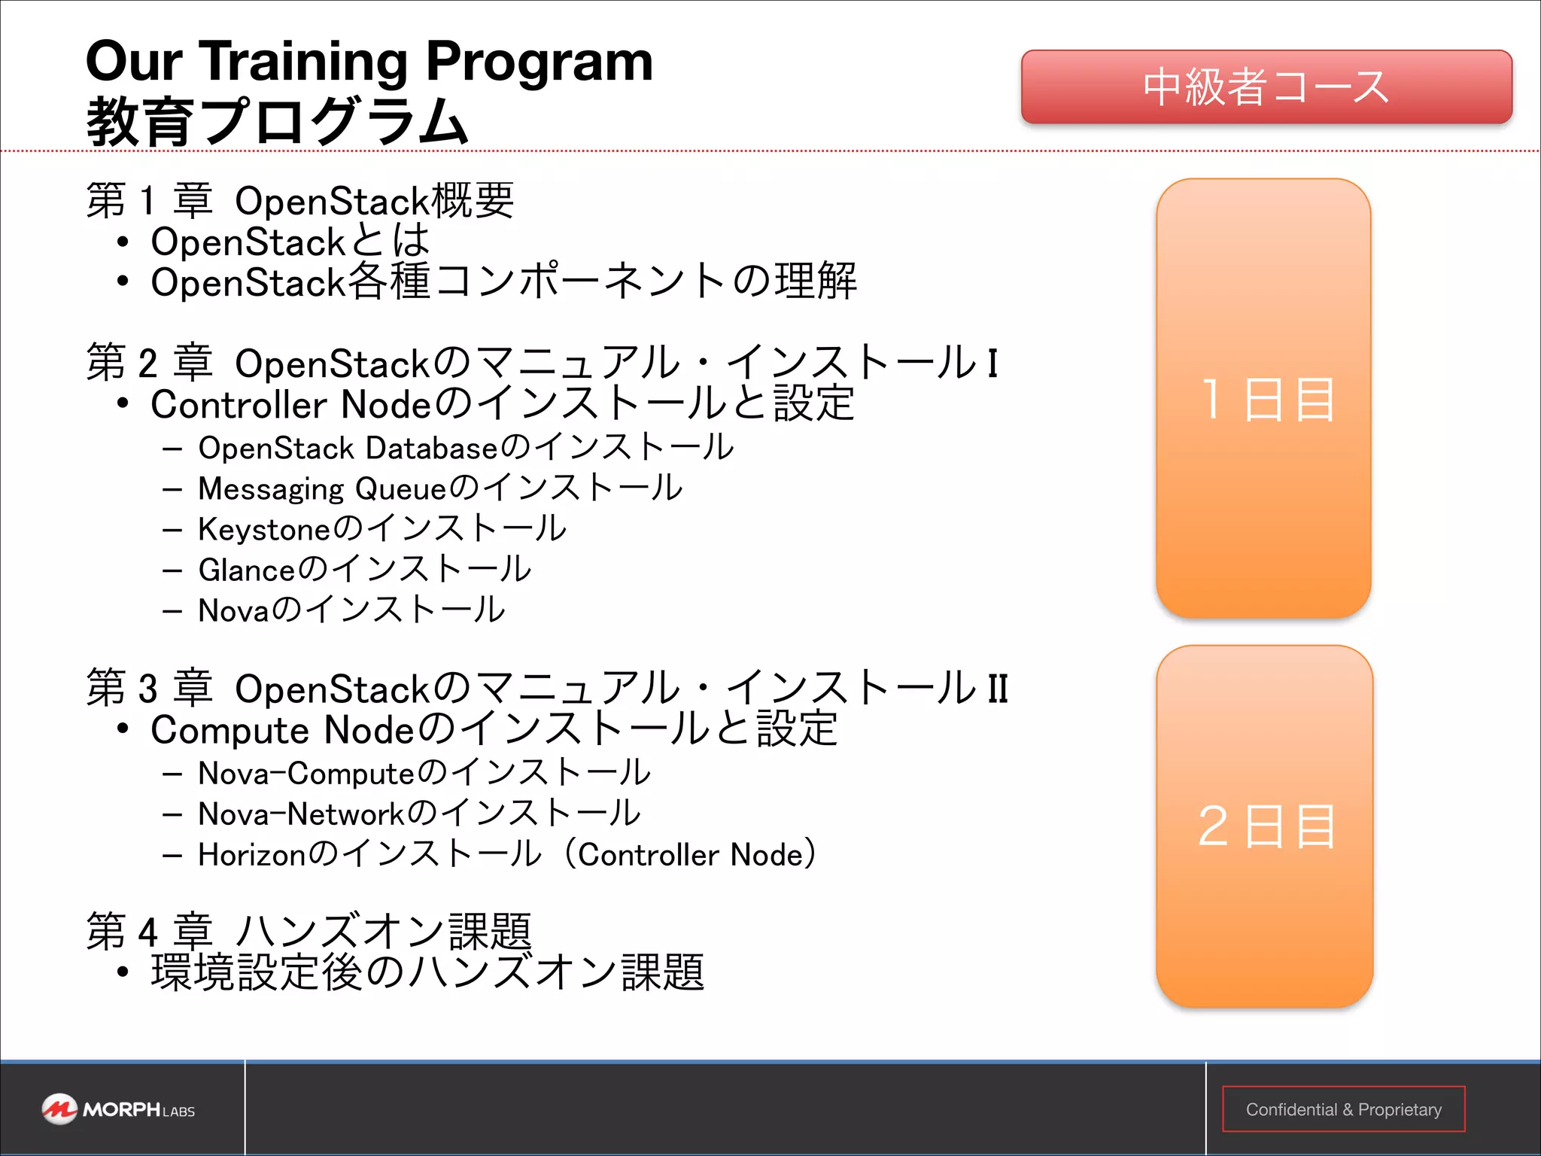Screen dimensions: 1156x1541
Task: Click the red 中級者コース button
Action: pos(1266,87)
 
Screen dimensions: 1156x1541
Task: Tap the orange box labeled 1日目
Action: pos(1264,399)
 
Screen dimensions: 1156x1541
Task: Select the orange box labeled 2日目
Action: pos(1264,826)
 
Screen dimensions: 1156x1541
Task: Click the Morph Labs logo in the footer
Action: pos(119,1109)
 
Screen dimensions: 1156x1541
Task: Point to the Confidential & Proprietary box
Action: pos(1343,1109)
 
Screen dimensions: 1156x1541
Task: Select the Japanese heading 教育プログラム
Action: pos(277,122)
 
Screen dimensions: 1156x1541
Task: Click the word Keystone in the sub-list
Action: pos(264,530)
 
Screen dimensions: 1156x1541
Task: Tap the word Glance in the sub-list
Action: pos(248,570)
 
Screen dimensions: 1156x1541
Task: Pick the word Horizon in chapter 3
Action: pos(252,855)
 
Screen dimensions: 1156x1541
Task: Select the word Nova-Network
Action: pos(301,814)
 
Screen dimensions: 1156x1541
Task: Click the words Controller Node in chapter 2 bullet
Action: pos(290,405)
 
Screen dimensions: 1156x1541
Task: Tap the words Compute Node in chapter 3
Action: pos(281,730)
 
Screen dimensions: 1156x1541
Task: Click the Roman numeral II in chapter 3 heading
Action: pos(997,689)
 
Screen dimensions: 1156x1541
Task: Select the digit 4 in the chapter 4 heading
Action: pos(147,932)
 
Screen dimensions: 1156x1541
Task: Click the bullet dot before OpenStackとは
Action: pos(123,242)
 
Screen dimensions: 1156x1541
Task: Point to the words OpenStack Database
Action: pos(348,449)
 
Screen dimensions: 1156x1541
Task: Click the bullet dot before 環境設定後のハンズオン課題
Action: pos(123,972)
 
